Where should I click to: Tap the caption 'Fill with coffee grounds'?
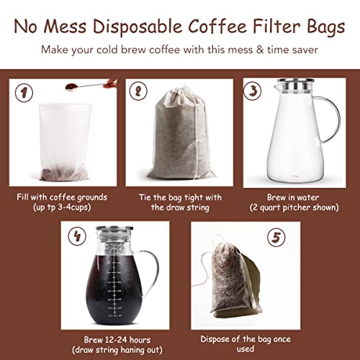pyautogui.click(x=62, y=196)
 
